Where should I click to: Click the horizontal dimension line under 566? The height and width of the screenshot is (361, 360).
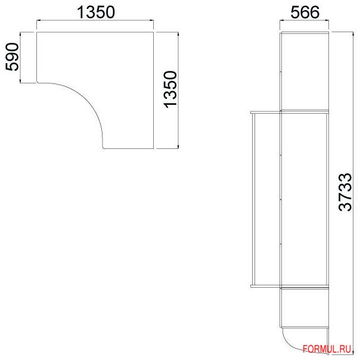304,23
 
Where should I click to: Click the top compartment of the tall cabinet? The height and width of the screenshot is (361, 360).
304,71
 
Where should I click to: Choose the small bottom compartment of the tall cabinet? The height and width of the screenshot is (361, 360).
304,307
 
